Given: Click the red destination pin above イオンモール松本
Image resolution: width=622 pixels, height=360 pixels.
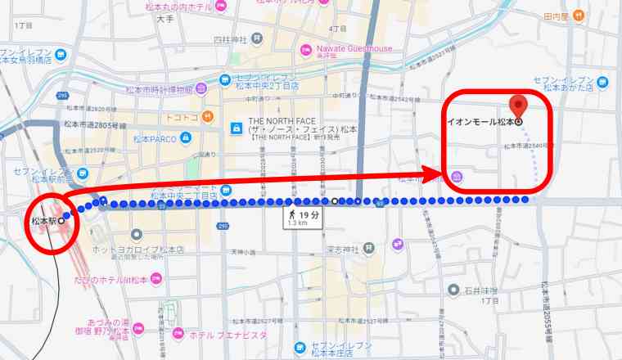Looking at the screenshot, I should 516,106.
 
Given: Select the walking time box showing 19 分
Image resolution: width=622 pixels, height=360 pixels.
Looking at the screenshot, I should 303,216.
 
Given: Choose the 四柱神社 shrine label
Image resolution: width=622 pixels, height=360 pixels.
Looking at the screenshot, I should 230,38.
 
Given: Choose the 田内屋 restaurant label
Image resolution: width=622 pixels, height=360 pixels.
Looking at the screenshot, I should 556,16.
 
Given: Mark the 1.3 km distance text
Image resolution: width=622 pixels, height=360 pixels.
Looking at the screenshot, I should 297,222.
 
